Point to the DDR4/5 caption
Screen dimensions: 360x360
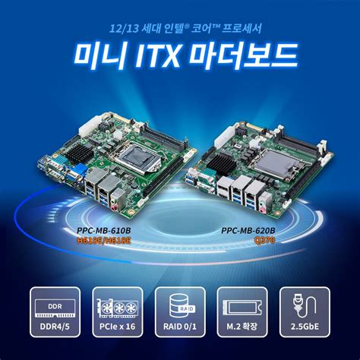(55, 327)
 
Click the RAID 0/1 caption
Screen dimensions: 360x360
(179, 327)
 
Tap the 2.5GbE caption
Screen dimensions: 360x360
(303, 327)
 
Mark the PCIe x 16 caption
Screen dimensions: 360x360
(117, 327)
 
